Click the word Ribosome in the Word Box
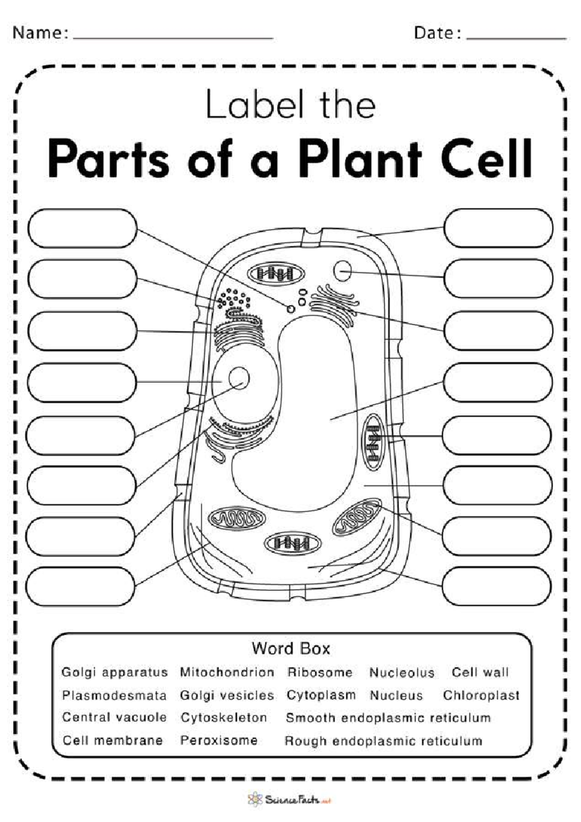coord(320,672)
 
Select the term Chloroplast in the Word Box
coord(481,695)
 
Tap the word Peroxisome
coord(218,740)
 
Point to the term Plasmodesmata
coord(114,695)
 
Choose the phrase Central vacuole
coord(114,717)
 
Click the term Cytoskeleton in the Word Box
coord(223,717)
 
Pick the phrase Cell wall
coord(480,672)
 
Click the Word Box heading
coord(290,648)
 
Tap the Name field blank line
coord(173,37)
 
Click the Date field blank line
coord(516,37)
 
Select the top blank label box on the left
coord(82,228)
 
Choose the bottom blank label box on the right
coord(497,587)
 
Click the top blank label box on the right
coord(498,228)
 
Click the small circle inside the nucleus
coord(239,378)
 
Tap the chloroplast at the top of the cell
coord(276,274)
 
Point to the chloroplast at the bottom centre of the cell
coord(292,543)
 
